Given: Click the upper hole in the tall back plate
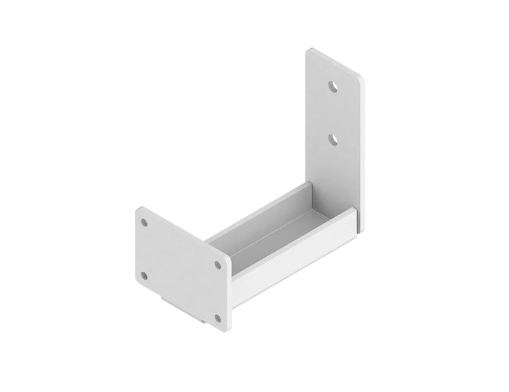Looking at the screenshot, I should tap(333, 86).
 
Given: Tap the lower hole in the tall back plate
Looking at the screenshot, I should tap(333, 139).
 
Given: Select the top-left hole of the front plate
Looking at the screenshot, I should tap(144, 222).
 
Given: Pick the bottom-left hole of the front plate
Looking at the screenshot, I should tap(144, 275).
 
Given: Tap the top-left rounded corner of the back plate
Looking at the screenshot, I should tap(309, 51).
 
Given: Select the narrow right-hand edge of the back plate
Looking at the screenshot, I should tap(363, 156).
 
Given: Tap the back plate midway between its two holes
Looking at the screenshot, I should tap(333, 113).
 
